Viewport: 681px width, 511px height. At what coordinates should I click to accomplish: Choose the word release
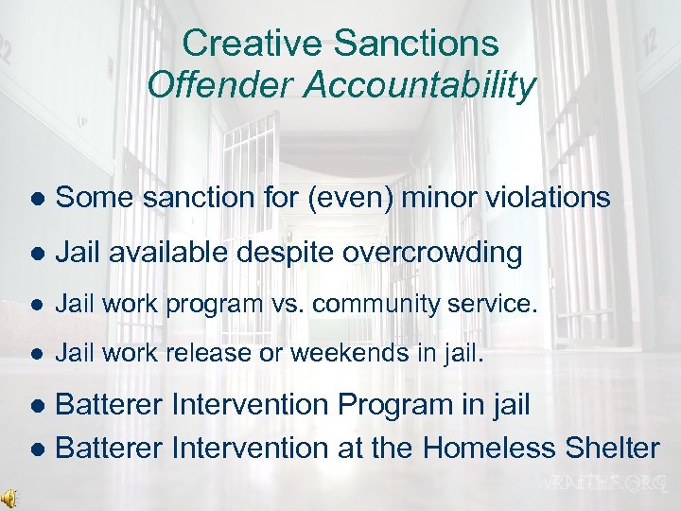point(240,353)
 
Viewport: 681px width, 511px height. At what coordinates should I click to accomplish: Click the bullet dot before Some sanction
point(36,199)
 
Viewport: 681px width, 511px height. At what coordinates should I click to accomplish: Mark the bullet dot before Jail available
point(36,254)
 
